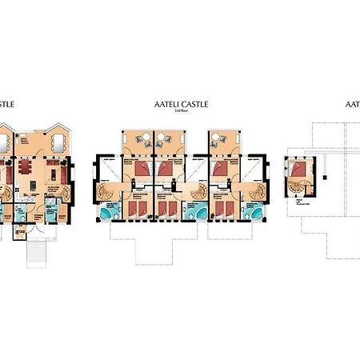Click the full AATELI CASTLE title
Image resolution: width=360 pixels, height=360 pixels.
click(180, 105)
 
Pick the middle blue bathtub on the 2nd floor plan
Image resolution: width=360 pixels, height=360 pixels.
click(193, 212)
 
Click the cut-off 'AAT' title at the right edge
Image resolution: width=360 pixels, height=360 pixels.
click(352, 105)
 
